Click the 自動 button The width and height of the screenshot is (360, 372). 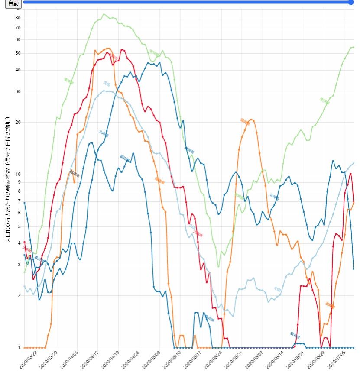(13, 3)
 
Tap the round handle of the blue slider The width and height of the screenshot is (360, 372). (351, 2)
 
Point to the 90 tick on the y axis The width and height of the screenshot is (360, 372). (18, 9)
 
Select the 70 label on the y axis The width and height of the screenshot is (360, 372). (18, 28)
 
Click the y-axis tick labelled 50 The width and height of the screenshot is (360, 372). (18, 53)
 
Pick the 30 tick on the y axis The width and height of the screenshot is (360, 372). (18, 91)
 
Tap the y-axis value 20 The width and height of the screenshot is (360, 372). (18, 122)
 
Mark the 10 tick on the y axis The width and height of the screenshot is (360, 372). (18, 174)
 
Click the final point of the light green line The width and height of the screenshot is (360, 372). (354, 47)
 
